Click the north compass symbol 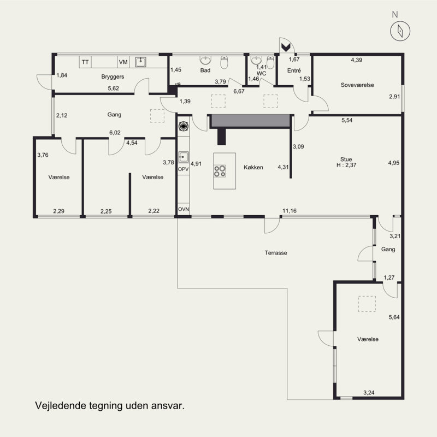point(400,31)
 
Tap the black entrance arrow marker point(286,47)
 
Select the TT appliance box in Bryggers point(85,62)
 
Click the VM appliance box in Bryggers point(123,62)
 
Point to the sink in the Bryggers point(141,62)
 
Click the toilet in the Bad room point(225,62)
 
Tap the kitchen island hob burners point(220,171)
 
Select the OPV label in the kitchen point(184,169)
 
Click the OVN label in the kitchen point(184,209)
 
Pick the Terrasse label point(276,253)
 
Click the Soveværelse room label point(357,85)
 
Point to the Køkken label point(253,167)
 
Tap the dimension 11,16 point(290,211)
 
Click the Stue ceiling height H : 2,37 point(346,165)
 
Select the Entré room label point(294,70)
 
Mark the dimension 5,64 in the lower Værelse point(394,317)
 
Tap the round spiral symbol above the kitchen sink point(184,126)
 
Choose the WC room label point(262,74)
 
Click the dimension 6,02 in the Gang point(115,133)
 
